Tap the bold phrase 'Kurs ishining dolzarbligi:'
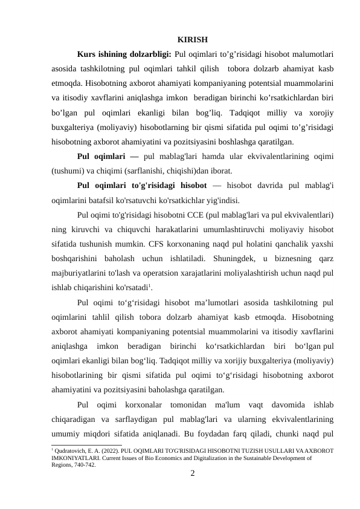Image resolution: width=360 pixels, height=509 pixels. (x=124, y=55)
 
